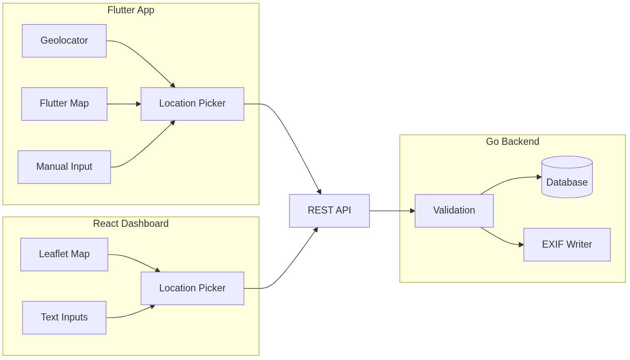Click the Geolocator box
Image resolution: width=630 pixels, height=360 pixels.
pos(64,41)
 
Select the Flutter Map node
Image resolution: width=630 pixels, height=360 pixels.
pos(64,104)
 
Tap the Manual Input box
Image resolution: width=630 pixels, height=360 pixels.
pos(64,167)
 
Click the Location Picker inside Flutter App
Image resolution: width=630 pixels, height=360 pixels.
pos(192,104)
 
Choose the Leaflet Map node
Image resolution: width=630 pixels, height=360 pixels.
pos(64,254)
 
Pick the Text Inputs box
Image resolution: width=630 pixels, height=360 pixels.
pos(64,318)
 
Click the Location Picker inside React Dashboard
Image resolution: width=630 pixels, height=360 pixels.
pos(192,288)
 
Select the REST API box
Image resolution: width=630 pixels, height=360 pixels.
pos(329,211)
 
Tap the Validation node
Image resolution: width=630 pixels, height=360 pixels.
pos(454,211)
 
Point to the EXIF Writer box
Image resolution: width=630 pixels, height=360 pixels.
pos(567,244)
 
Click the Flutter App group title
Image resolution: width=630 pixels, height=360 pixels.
pos(131,10)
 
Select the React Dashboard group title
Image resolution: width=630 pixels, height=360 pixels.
pos(131,223)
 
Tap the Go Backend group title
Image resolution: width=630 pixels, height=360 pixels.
pos(512,142)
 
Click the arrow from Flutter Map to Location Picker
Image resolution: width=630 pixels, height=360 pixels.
pos(124,104)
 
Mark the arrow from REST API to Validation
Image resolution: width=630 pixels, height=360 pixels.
pos(391,211)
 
